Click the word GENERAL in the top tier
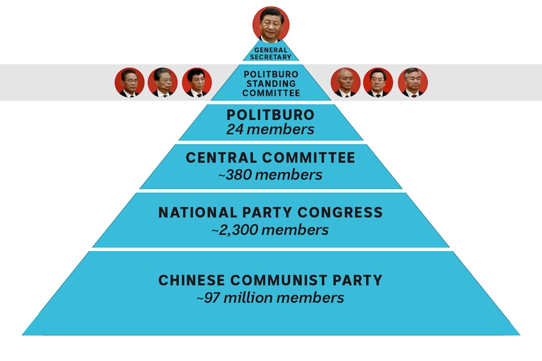270,50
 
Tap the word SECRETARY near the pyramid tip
270,57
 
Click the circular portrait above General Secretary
270,24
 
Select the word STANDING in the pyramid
271,84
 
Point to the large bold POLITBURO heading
270,115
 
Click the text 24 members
270,129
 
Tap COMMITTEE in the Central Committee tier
309,158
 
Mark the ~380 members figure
270,175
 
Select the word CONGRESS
340,212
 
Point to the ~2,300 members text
270,230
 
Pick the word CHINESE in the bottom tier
192,280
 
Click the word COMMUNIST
279,280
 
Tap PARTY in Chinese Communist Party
357,280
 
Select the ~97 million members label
270,298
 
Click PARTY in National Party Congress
267,212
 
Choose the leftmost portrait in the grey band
130,82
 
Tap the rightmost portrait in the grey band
412,82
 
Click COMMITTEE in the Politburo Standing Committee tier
271,93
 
